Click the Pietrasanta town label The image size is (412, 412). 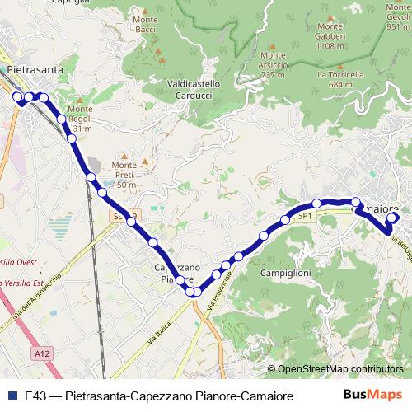point(34,70)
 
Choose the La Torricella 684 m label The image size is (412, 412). point(340,79)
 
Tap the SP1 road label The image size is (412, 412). point(305,216)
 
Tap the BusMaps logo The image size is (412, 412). point(373,395)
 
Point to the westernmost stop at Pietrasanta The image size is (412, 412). point(17,96)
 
